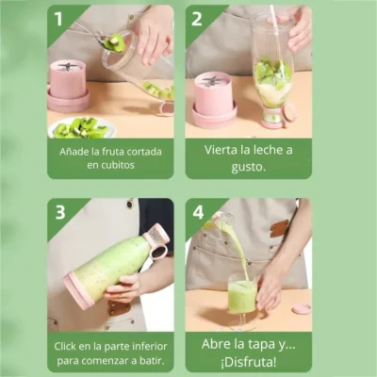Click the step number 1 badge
[x=58, y=19]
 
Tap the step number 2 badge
[x=196, y=19]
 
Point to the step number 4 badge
[x=196, y=212]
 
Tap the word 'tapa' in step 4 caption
[x=260, y=343]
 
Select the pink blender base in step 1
[x=69, y=86]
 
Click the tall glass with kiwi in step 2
[x=272, y=75]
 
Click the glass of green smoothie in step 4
[x=242, y=296]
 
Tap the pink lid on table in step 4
[x=302, y=308]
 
